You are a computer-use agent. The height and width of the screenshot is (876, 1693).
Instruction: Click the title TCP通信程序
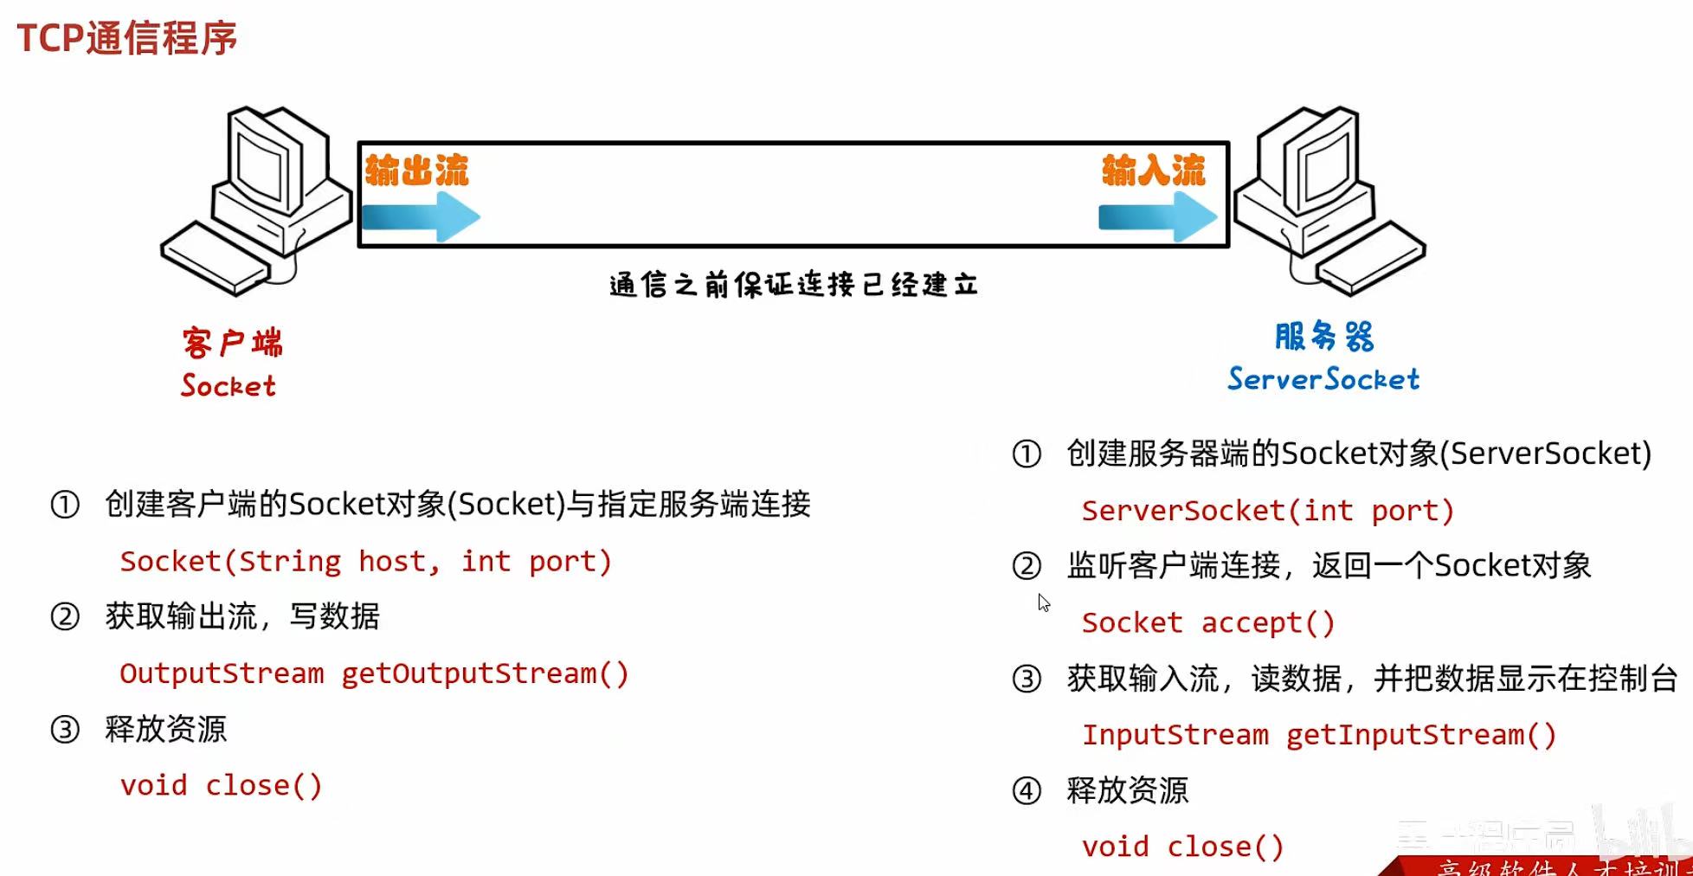coord(126,38)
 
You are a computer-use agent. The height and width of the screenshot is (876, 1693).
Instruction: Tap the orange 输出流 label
coord(416,171)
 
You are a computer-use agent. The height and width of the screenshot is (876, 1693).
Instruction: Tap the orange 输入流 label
coord(1153,171)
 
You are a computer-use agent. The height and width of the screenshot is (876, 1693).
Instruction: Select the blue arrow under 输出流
coord(421,216)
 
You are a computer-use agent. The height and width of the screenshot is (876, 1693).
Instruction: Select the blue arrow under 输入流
coord(1157,216)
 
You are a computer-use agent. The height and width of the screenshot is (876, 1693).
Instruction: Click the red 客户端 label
coord(232,343)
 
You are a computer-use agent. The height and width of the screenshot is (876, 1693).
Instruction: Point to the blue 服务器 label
coord(1323,336)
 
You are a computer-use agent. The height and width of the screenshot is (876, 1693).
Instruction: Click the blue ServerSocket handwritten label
coord(1323,379)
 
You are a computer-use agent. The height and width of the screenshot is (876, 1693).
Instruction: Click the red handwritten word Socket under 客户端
coord(229,386)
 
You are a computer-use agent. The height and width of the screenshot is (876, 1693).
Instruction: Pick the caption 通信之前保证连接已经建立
coord(794,285)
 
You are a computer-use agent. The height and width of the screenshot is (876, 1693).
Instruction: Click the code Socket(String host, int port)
coord(365,562)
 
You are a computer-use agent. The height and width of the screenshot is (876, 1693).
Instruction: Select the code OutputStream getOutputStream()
coord(374,673)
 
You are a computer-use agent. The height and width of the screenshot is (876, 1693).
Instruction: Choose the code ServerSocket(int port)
coord(1267,511)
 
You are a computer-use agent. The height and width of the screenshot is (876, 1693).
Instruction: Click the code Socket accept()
coord(1208,622)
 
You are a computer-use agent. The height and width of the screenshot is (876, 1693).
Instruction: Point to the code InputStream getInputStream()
coord(1319,735)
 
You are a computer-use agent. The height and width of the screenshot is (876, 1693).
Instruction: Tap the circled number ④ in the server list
coord(1027,791)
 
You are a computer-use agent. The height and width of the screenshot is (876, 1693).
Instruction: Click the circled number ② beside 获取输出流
coord(65,617)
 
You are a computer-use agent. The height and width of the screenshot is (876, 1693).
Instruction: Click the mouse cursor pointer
coord(1043,602)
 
